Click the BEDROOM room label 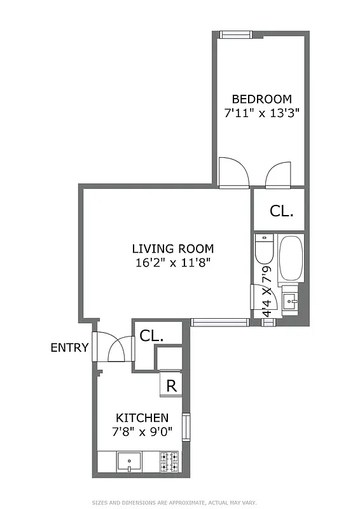(x=261, y=99)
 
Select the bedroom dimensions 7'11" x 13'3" (x=261, y=113)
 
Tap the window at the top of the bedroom (x=237, y=34)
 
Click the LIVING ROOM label (x=173, y=249)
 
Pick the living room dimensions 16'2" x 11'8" (x=173, y=263)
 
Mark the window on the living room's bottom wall (x=219, y=323)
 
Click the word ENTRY (x=70, y=347)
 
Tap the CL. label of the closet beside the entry (x=151, y=335)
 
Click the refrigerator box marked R (x=170, y=385)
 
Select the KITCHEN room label (x=142, y=418)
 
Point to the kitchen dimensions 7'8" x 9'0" (x=142, y=431)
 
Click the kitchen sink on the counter (x=129, y=461)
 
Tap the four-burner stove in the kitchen (x=169, y=461)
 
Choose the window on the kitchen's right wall (x=186, y=427)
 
